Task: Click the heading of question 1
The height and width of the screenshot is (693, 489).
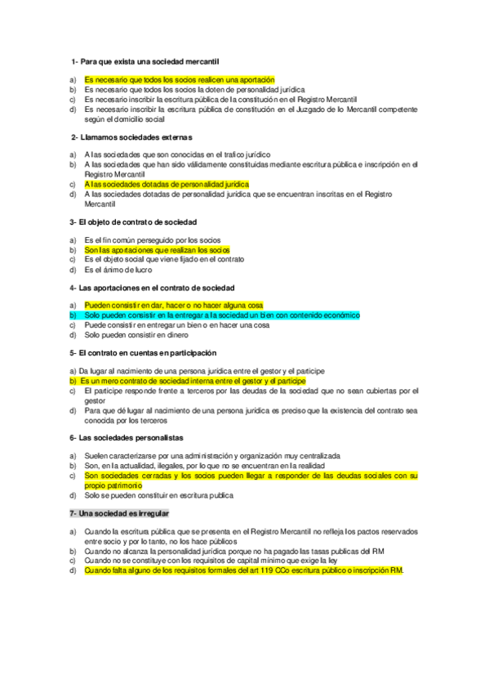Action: [x=145, y=61]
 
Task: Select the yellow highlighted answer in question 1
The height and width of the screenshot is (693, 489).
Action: [x=179, y=79]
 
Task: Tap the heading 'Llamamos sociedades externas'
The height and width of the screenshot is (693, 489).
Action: [x=136, y=136]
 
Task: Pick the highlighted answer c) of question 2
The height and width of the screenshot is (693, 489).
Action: [x=167, y=184]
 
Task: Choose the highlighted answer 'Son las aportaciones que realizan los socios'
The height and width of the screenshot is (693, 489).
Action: [x=157, y=249]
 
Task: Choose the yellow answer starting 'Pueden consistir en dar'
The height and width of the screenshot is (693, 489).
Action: [x=173, y=305]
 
